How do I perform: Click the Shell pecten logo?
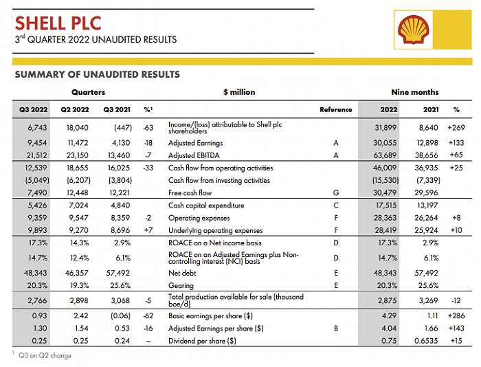click(x=413, y=30)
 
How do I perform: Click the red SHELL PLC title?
click(x=58, y=23)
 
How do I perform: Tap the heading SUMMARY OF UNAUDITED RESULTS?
click(x=98, y=74)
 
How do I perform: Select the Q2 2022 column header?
click(x=74, y=109)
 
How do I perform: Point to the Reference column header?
click(x=335, y=109)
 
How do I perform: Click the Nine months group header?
click(x=415, y=92)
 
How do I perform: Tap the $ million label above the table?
click(x=239, y=92)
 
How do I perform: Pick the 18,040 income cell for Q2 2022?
click(x=77, y=128)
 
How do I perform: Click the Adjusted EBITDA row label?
click(x=194, y=155)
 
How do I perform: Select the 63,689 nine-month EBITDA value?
click(x=385, y=155)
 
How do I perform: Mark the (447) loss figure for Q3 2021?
click(x=123, y=128)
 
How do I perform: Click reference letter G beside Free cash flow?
click(x=336, y=192)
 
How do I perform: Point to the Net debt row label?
click(x=182, y=273)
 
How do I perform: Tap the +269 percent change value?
click(x=456, y=128)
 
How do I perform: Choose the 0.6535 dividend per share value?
click(x=426, y=341)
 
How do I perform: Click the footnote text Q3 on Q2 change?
click(x=45, y=355)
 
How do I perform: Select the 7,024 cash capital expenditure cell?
click(x=78, y=205)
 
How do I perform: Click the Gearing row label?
click(x=181, y=286)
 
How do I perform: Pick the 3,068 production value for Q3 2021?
click(x=120, y=301)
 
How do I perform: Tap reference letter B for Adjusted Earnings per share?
click(x=336, y=329)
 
